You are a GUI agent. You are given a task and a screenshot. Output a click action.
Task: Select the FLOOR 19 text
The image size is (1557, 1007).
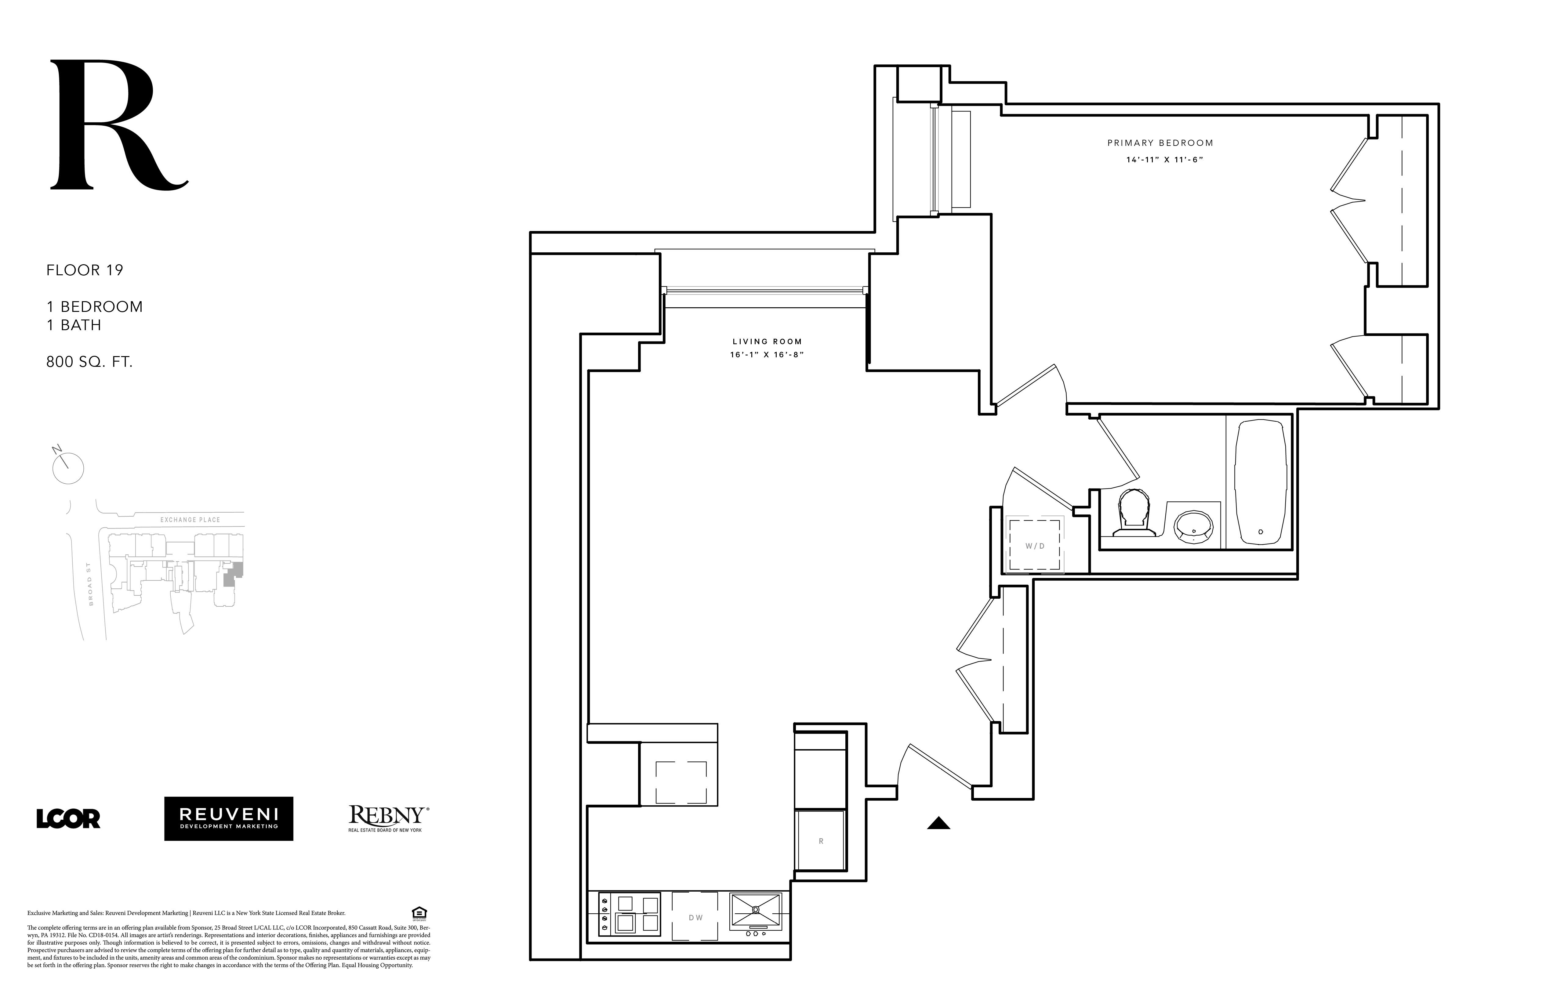[84, 270]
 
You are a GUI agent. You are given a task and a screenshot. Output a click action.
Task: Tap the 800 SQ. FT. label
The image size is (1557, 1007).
[89, 362]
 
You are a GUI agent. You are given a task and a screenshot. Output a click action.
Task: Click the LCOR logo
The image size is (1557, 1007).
[68, 819]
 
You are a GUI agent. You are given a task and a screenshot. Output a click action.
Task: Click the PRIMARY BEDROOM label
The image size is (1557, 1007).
[1160, 143]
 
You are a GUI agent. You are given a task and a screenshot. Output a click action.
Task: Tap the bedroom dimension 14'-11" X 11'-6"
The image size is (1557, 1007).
[1164, 160]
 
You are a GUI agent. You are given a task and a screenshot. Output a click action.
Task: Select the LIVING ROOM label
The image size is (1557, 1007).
[767, 341]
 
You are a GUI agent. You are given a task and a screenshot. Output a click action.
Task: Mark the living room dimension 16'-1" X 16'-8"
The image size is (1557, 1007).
[767, 354]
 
